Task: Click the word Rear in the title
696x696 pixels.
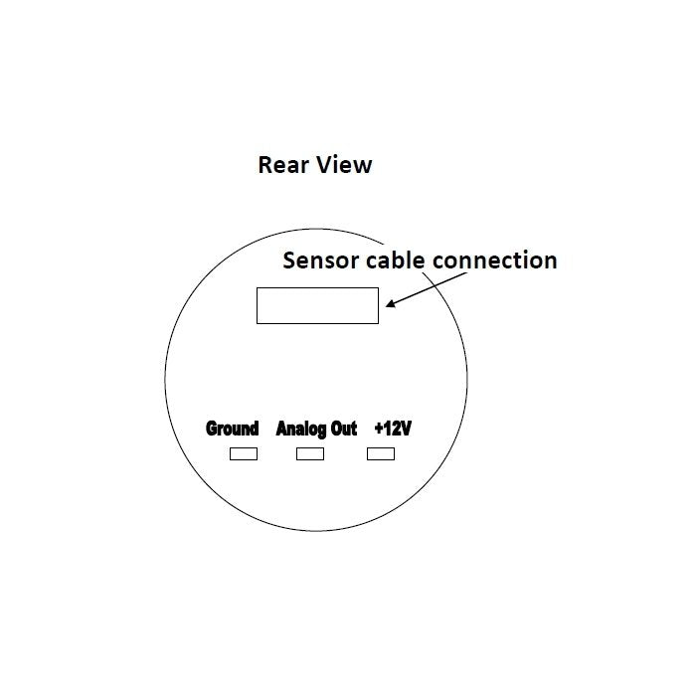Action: [x=283, y=165]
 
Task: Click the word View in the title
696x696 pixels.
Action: [x=346, y=165]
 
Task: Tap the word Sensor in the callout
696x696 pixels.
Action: [x=321, y=261]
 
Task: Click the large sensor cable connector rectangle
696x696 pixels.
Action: [x=317, y=305]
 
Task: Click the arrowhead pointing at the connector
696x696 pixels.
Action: [x=392, y=302]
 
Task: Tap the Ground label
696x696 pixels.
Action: [x=232, y=429]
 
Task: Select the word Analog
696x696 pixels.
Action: [x=301, y=430]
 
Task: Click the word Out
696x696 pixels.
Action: [x=344, y=429]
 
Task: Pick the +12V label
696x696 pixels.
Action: [x=394, y=429]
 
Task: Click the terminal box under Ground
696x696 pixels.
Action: [x=244, y=453]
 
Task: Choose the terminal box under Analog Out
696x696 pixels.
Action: [x=310, y=453]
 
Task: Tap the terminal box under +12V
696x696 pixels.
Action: [x=381, y=453]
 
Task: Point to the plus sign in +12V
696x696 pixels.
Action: [x=379, y=430]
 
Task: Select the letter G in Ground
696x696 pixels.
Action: [x=212, y=429]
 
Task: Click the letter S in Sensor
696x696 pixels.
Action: [x=289, y=261]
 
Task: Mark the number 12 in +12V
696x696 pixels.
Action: [x=392, y=429]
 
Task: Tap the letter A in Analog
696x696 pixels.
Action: [x=281, y=429]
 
